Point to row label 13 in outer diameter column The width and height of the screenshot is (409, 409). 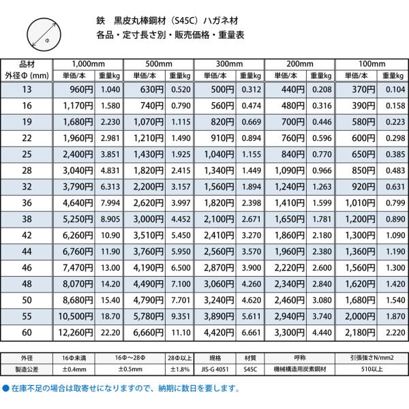pyautogui.click(x=27, y=89)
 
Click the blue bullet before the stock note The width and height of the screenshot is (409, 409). pyautogui.click(x=6, y=387)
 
